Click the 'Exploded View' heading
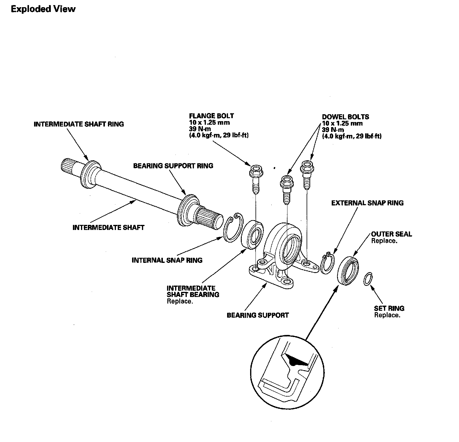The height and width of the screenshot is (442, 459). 43,9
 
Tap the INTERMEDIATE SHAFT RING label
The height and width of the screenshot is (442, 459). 79,124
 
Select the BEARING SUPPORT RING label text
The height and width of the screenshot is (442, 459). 173,166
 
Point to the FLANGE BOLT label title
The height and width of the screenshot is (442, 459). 211,116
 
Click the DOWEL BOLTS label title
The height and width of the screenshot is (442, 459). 345,117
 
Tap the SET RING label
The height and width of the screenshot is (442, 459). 389,308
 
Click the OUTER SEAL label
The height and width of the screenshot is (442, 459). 391,234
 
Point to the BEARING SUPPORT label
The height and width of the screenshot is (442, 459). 258,315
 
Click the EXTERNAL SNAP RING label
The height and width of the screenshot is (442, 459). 367,203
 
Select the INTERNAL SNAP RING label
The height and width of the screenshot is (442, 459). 167,260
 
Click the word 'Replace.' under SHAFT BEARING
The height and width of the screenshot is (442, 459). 180,301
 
